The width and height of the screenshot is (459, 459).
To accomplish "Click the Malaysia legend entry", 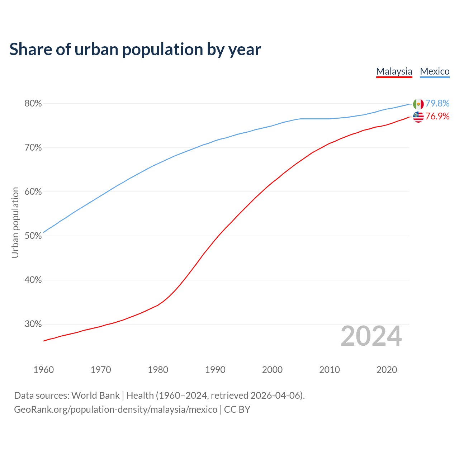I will [x=394, y=71].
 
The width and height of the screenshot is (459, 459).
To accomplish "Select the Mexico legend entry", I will [x=435, y=71].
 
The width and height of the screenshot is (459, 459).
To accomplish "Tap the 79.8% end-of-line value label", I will [x=437, y=104].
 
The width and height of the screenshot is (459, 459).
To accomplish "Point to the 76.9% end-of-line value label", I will [x=437, y=117].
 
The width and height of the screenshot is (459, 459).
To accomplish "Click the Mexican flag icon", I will [x=418, y=104].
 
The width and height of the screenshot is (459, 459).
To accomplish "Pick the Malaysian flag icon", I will [x=418, y=117].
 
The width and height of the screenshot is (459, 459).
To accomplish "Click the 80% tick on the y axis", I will [x=33, y=104].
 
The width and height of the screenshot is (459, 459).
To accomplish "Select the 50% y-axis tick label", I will [x=33, y=236].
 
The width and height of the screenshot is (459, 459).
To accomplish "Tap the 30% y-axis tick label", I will [x=33, y=324].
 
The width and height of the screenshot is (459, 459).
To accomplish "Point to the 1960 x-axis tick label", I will [x=43, y=370].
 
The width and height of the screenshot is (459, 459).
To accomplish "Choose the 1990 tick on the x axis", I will [x=215, y=370].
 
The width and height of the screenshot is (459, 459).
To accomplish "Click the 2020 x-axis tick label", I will [x=387, y=370].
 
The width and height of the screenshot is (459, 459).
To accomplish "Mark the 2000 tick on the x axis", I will [x=272, y=370].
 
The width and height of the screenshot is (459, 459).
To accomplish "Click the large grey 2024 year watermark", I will [x=371, y=336].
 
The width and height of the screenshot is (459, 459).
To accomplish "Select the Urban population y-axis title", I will [x=15, y=222].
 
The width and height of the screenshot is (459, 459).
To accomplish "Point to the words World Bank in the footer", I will [x=95, y=396].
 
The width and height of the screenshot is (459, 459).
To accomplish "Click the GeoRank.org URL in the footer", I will [x=115, y=410].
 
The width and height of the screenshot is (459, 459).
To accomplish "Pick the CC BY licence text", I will [x=237, y=410].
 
